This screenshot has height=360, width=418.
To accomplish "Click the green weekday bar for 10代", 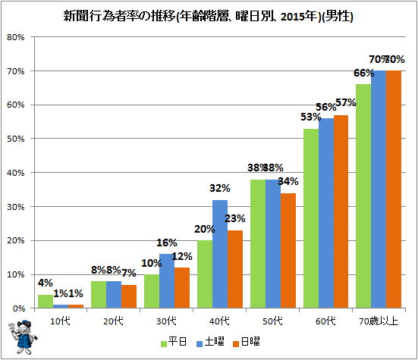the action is pos(46,302).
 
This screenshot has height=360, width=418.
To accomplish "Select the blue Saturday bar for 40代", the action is pos(220,254).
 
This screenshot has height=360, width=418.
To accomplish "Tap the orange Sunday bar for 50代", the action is pos(288,251).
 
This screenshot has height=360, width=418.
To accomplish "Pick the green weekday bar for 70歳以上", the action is pos(363,196).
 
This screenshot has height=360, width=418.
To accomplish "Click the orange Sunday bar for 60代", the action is pos(341,211).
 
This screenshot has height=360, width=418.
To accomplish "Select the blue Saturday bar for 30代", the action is pos(167,281).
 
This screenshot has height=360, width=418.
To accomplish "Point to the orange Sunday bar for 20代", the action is pos(129,296).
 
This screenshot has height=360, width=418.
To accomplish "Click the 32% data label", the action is pos(220,188).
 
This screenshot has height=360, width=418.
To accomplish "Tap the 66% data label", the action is pos(363,73).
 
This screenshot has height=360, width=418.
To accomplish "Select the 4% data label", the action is pos(46,283).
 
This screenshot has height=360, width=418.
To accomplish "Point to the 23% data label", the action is pos(235,218).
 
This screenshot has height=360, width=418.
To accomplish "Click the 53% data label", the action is pos(310,117).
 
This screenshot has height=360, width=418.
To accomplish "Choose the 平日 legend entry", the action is pos(174,342).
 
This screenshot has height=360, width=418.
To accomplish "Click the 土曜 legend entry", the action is pos(210,342).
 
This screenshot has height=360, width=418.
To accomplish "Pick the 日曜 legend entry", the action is pos(247,342).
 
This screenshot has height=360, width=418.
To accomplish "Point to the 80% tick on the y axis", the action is pos(16,37).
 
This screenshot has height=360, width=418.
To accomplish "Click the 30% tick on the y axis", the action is pos(16,207).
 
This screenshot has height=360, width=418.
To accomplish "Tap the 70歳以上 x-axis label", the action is pos(379,321).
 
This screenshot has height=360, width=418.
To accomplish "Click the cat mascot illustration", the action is pos(23,337).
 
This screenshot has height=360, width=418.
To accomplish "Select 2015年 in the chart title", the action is pos(300,17).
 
